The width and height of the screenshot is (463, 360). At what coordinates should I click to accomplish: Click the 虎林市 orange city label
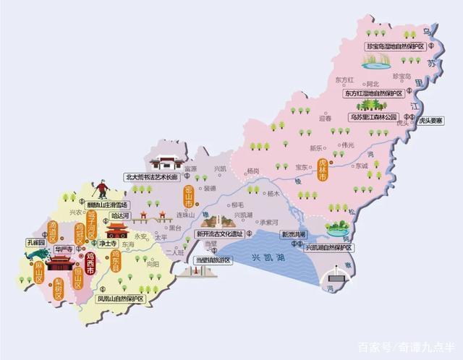[323, 169]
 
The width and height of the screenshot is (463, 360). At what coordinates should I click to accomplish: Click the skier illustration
[102, 189]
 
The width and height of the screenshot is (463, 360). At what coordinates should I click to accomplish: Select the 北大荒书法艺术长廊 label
[151, 176]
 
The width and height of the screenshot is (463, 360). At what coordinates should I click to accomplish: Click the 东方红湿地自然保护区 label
[373, 93]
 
